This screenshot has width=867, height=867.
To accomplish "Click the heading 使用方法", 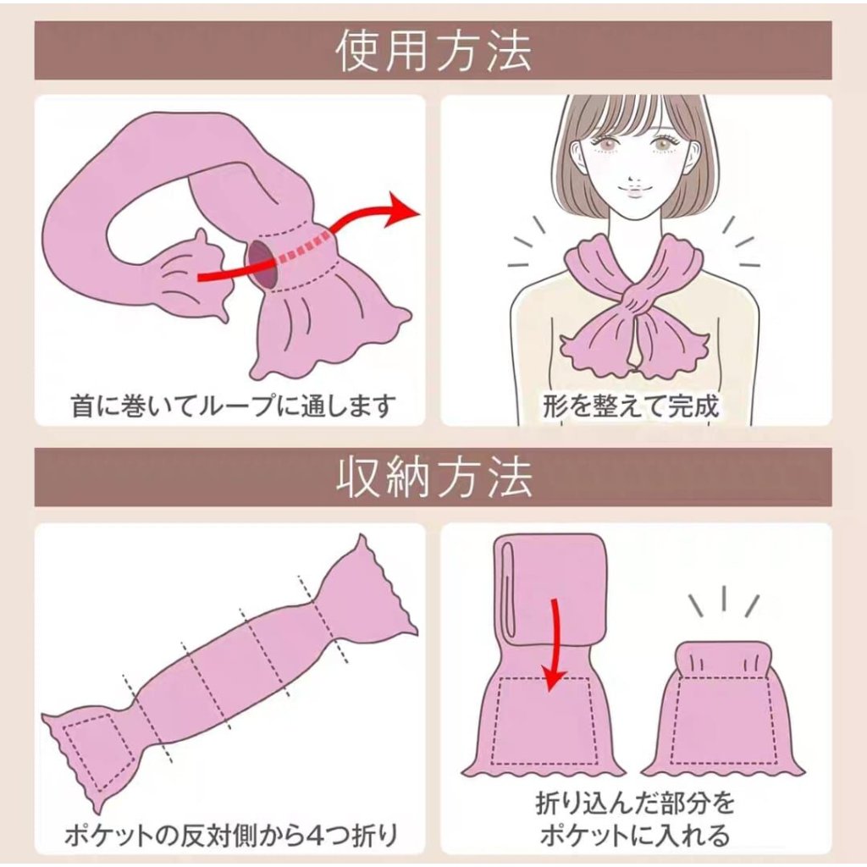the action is point(433,51).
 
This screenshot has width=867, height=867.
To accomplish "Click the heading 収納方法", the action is point(433,477).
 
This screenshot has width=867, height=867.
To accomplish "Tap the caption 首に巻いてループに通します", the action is point(234,405).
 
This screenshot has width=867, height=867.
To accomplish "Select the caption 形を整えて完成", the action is point(631,406).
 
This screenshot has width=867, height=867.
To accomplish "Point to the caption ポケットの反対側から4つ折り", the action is point(231,835).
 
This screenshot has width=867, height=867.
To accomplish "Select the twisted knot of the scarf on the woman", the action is point(632,301).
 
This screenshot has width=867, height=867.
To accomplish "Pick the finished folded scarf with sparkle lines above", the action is point(723,709).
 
